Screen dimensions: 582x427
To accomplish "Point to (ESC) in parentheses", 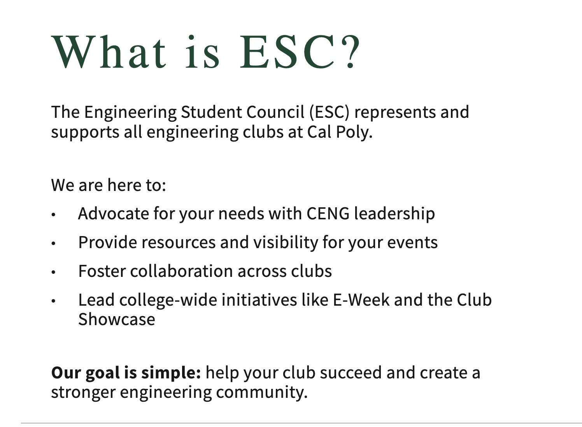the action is [x=330, y=112].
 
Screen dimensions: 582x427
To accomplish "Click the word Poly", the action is [x=354, y=133].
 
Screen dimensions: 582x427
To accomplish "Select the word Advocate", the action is [x=114, y=214].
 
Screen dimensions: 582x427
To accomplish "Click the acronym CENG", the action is [x=328, y=214].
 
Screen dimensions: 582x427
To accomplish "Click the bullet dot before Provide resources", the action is [x=54, y=243].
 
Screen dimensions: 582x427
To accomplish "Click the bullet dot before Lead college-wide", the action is [x=54, y=301].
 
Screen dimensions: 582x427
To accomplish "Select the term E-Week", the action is [x=361, y=300].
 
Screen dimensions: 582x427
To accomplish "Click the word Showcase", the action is [x=117, y=319].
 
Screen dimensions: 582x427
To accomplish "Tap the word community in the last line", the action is [x=262, y=392].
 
